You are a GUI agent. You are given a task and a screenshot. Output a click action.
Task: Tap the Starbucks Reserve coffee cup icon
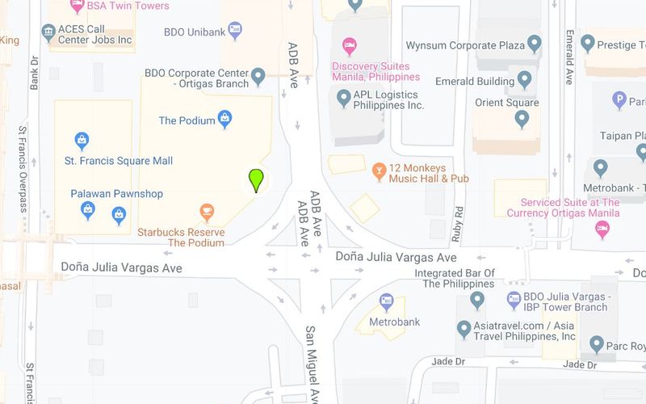(x=207, y=213)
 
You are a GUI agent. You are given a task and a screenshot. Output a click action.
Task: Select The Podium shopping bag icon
(x=226, y=120)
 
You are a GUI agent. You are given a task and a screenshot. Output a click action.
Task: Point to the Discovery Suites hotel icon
(x=349, y=44)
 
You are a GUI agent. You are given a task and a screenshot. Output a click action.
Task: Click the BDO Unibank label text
(x=194, y=32)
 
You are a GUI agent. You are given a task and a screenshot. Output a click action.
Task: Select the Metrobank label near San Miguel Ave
(x=394, y=322)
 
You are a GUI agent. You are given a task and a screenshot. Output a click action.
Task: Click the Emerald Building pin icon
(x=525, y=80)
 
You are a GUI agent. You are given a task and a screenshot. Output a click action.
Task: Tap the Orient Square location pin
(x=522, y=119)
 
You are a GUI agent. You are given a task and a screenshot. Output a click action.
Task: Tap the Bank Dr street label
(x=35, y=72)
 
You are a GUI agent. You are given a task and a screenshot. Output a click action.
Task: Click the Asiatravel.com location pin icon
(x=464, y=330)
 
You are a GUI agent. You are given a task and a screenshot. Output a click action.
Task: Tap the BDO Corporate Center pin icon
(x=258, y=77)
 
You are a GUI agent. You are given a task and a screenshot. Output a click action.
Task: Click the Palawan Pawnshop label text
(x=117, y=194)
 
